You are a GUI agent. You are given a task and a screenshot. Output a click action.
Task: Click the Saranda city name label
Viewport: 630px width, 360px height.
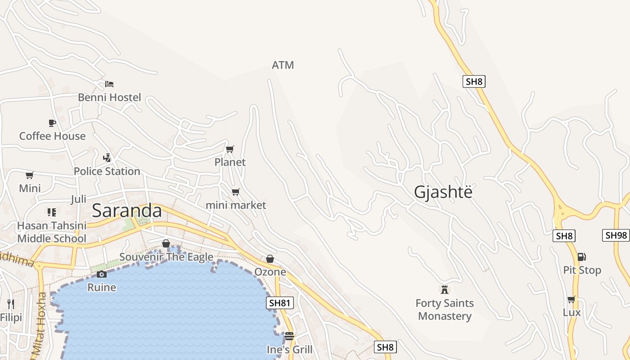[x=126, y=211]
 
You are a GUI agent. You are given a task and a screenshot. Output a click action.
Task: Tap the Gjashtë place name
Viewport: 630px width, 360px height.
[x=443, y=192]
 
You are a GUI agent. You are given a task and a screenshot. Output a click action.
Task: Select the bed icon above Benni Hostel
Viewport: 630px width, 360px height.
[x=109, y=84]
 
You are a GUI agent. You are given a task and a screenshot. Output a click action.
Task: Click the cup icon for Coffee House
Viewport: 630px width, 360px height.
[x=52, y=123]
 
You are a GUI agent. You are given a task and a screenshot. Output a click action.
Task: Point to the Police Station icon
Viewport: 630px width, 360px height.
[x=107, y=158]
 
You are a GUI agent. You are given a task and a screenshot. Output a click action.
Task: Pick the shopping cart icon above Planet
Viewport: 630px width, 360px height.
[x=230, y=149]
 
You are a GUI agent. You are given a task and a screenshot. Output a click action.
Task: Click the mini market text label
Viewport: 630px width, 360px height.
[x=236, y=205]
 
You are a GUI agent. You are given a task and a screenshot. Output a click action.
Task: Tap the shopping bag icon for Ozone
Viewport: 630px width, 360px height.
[x=270, y=259]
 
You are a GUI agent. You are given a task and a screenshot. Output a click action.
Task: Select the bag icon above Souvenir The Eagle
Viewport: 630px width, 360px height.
[x=166, y=243]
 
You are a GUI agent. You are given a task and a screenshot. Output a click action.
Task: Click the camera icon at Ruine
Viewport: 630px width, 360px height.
[x=102, y=274]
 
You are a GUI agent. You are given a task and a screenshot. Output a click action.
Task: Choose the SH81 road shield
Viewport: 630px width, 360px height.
[x=279, y=303]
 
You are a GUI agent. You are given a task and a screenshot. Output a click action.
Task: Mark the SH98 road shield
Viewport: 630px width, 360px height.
[x=616, y=235]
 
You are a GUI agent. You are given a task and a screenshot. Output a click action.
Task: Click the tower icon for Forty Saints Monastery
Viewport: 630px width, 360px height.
[x=445, y=289]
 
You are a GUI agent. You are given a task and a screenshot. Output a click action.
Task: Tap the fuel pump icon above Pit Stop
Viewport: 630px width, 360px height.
[x=582, y=257]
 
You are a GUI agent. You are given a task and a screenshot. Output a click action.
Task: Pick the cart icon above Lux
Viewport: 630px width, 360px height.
[x=571, y=299]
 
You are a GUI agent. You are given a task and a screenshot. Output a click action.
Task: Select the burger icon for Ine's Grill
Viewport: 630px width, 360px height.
[x=289, y=336]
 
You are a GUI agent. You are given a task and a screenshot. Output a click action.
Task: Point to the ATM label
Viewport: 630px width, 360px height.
[x=283, y=65]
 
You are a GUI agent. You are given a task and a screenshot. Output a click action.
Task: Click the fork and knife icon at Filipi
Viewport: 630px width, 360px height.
[x=11, y=304]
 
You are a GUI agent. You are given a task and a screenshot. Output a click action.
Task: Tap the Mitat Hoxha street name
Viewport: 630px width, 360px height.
[x=40, y=324]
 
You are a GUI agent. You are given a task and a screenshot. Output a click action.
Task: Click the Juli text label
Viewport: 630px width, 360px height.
[x=78, y=199]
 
